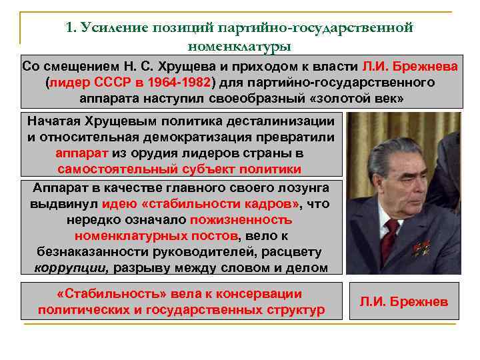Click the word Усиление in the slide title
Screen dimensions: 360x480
pyautogui.click(x=114, y=27)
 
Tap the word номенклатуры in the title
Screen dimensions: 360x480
pyautogui.click(x=239, y=47)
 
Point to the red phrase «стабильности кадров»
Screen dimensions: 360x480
pyautogui.click(x=202, y=203)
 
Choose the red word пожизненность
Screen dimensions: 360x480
pyautogui.click(x=241, y=219)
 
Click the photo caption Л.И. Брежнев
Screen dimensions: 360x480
pyautogui.click(x=404, y=302)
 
